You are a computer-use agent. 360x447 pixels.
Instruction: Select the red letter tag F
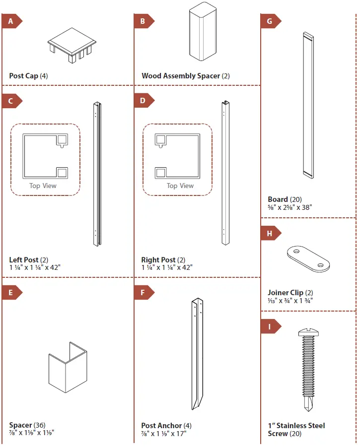pyautogui.click(x=144, y=293)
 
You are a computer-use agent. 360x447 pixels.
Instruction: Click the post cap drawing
pyautogui.click(x=72, y=42)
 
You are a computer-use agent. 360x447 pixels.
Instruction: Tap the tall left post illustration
pyautogui.click(x=96, y=174)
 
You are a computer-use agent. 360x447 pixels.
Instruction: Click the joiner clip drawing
pyautogui.click(x=308, y=258)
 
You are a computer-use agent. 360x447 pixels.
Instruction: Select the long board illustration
pyautogui.click(x=308, y=105)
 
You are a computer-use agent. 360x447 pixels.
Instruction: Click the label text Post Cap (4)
pyautogui.click(x=28, y=76)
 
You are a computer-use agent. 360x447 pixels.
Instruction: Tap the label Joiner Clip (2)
pyautogui.click(x=290, y=293)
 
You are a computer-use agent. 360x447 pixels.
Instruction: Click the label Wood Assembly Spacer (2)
pyautogui.click(x=186, y=76)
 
